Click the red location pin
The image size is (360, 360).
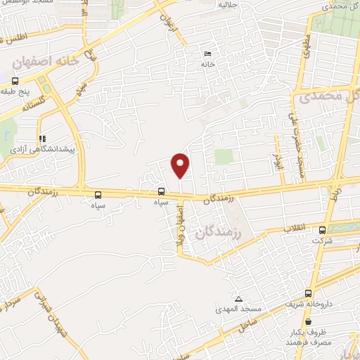click(x=181, y=165)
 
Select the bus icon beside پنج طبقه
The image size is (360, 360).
click(x=36, y=79)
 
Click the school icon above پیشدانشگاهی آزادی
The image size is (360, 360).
click(x=42, y=139)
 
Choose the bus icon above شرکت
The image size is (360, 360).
click(x=322, y=230)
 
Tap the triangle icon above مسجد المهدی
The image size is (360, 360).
click(x=238, y=299)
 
